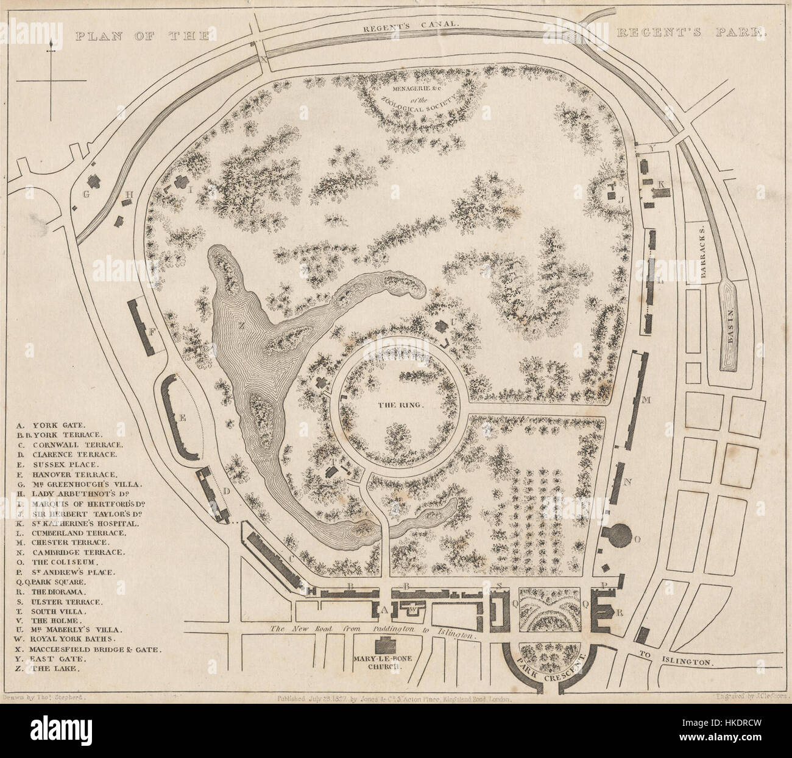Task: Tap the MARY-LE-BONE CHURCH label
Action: point(382,663)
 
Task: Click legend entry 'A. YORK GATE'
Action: point(52,426)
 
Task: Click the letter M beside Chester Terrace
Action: point(646,401)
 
